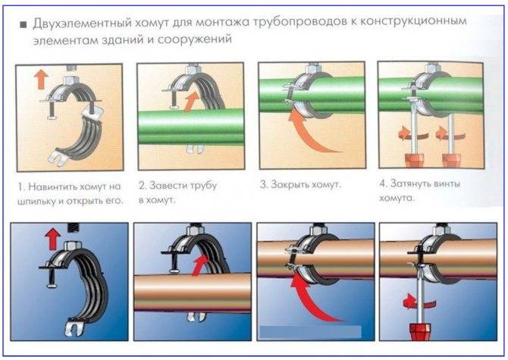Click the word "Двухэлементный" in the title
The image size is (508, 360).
pyautogui.click(x=83, y=23)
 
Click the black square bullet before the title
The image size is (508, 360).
pyautogui.click(x=24, y=25)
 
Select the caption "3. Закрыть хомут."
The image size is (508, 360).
pyautogui.click(x=301, y=184)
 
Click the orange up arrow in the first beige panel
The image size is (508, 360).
pyautogui.click(x=41, y=79)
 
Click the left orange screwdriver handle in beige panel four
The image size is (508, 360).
pyautogui.click(x=415, y=161)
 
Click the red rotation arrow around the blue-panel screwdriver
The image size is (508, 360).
pyautogui.click(x=419, y=302)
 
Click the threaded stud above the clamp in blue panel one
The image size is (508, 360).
pyautogui.click(x=74, y=227)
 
